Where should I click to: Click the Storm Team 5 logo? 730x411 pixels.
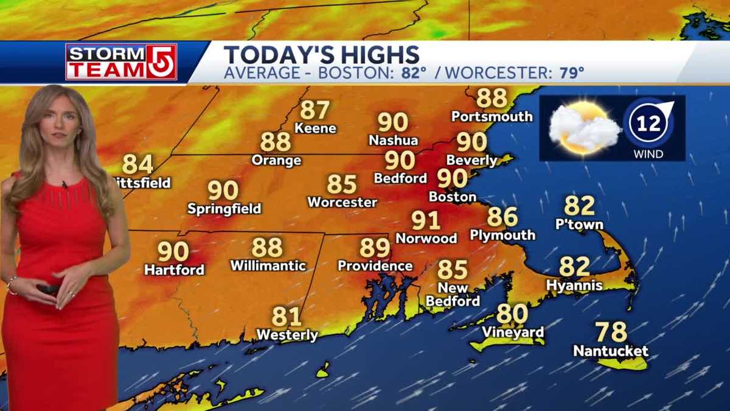[121, 62]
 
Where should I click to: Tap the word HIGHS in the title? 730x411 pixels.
[378, 55]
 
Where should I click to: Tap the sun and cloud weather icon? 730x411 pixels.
[583, 128]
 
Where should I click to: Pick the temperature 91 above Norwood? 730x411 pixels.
[426, 220]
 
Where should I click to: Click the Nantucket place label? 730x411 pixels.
[611, 351]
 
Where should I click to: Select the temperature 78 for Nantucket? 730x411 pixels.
[611, 332]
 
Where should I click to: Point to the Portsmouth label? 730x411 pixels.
[492, 116]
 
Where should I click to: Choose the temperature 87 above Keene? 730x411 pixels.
[315, 110]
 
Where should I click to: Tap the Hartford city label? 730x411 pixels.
[174, 270]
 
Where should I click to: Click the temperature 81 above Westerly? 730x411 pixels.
[287, 317]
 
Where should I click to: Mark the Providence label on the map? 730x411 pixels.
[375, 266]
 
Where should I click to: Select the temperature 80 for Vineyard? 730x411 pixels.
[512, 314]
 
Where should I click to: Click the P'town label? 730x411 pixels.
[579, 225]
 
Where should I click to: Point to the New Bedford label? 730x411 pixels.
[453, 295]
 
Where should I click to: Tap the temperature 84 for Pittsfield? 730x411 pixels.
[138, 164]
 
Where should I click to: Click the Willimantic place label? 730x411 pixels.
[268, 266]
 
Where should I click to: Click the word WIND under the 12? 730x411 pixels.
[648, 154]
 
